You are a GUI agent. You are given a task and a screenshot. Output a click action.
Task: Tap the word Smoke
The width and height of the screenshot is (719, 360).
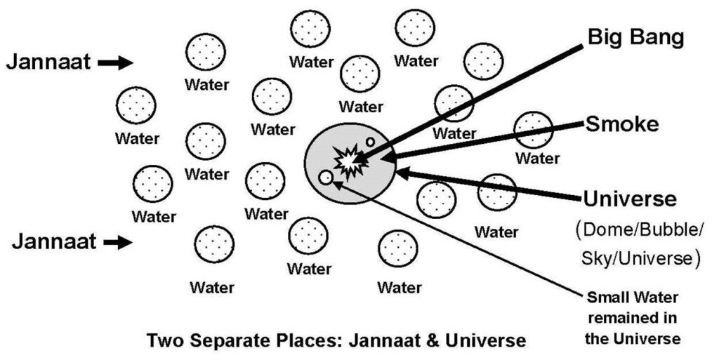[622, 124]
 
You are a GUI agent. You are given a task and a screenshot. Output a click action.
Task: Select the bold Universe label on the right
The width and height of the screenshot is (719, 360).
[631, 199]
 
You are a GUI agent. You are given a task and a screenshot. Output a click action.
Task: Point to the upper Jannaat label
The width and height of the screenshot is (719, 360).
[48, 62]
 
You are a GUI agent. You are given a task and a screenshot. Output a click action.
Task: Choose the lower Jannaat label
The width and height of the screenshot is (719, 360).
[53, 243]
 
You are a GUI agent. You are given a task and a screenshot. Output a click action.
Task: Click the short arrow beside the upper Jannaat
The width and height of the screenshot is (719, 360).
[115, 63]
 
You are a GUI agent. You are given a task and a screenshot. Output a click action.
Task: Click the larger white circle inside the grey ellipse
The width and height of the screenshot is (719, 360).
[325, 178]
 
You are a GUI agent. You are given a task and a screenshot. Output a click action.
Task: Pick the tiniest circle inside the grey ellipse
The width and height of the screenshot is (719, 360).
[370, 142]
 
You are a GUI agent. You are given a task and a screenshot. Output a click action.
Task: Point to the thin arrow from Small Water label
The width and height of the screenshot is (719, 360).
[456, 239]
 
